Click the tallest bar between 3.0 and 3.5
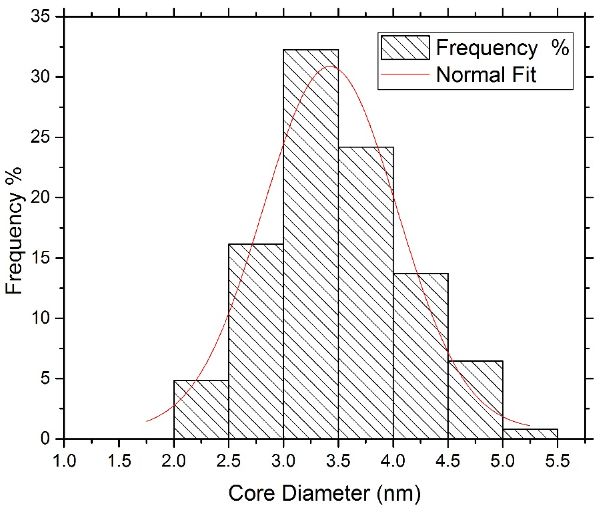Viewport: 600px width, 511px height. [310, 244]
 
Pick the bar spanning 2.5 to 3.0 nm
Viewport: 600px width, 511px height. [256, 342]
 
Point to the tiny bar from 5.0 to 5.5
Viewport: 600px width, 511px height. [530, 434]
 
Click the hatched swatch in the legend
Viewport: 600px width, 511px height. [405, 48]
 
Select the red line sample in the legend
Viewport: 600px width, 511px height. [405, 74]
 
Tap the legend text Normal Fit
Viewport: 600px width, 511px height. [486, 74]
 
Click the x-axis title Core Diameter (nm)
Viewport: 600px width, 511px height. [324, 493]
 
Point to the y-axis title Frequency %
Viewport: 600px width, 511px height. [14, 231]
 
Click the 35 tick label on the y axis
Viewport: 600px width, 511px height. [40, 17]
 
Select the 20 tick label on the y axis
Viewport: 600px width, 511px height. [40, 198]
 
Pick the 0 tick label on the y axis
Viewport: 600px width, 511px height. [45, 439]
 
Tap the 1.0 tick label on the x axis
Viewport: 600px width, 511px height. [64, 461]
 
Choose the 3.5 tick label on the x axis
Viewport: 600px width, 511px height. [338, 461]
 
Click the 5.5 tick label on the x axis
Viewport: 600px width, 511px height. [557, 461]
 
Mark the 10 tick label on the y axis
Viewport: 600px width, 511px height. [40, 318]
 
